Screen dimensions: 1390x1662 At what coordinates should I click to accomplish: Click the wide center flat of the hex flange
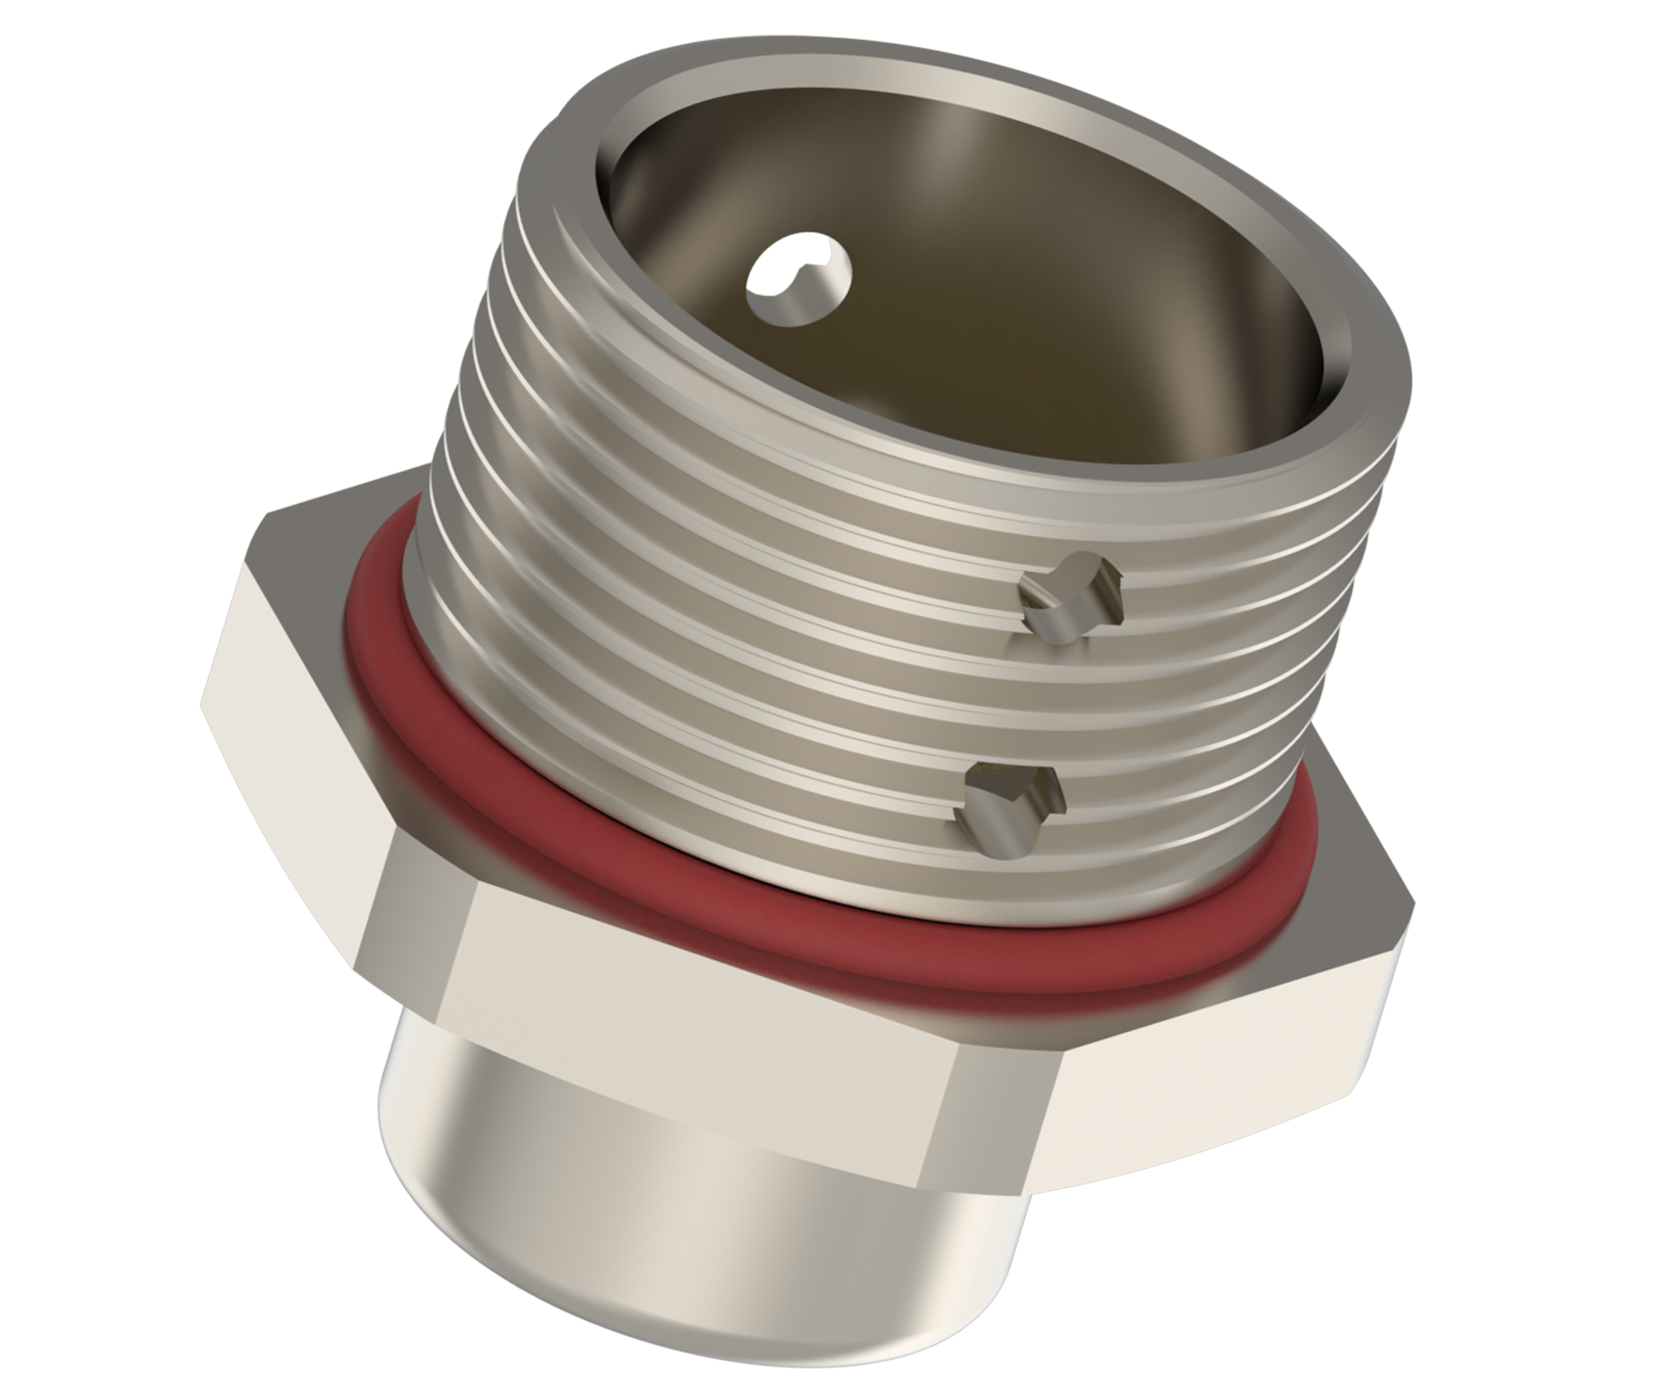click(697, 1061)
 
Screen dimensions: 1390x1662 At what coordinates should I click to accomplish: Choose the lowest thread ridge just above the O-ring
click(712, 871)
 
